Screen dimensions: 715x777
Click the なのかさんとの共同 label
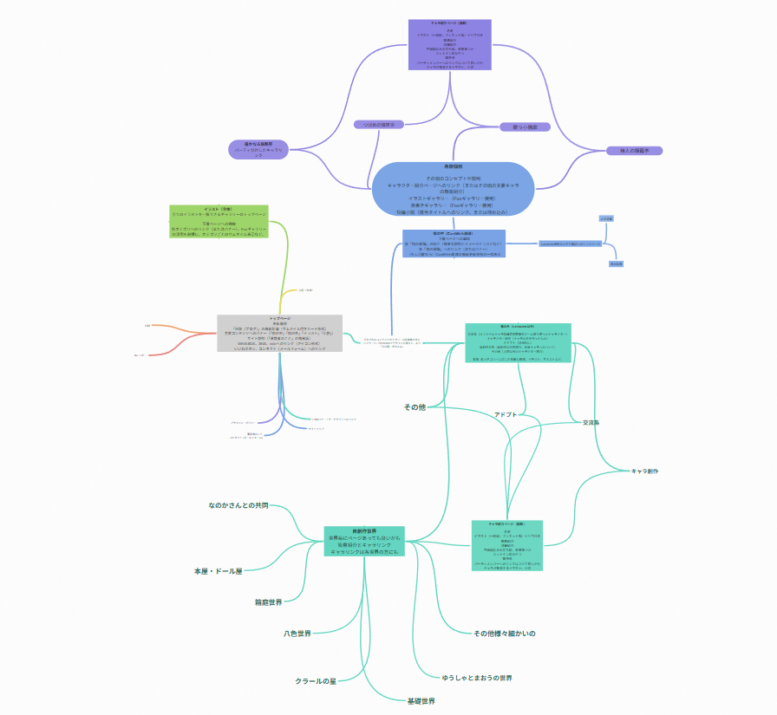coord(238,504)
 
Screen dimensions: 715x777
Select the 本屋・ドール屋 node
coord(218,571)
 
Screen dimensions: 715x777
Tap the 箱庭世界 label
coord(269,601)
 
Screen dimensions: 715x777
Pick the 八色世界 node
coord(297,634)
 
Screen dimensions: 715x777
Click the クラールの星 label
coord(315,681)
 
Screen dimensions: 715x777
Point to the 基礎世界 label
coord(421,700)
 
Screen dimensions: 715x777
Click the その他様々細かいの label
coord(505,634)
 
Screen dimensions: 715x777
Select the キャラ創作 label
coord(644,471)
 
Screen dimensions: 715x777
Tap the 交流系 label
coord(591,422)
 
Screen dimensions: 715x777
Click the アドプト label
coord(506,414)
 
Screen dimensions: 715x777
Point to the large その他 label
coord(415,407)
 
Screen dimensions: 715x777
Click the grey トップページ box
coord(280,333)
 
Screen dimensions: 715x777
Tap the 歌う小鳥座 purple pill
coord(519,127)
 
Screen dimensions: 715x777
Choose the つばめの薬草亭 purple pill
coord(379,125)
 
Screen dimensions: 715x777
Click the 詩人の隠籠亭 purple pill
coord(635,151)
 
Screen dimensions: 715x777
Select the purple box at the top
coord(449,44)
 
